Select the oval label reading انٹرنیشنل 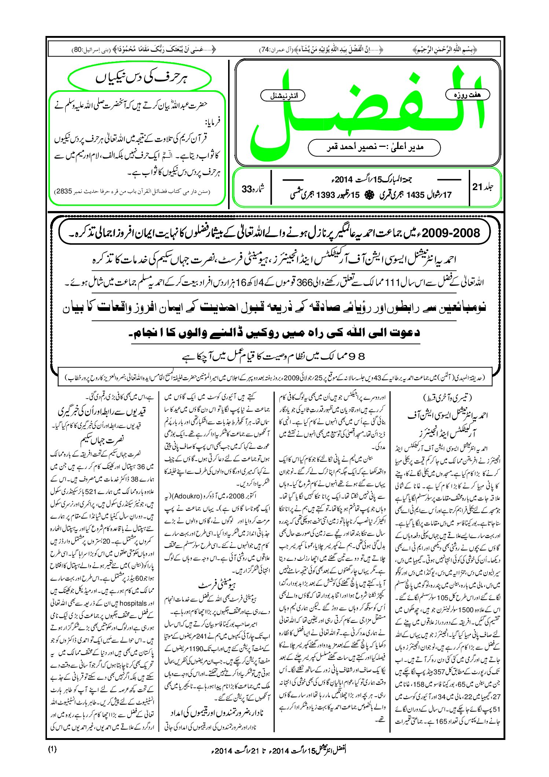point(282,96)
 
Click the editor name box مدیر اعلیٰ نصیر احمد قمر point(374,147)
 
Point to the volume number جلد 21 point(483,187)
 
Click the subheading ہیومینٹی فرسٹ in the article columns point(217,585)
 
